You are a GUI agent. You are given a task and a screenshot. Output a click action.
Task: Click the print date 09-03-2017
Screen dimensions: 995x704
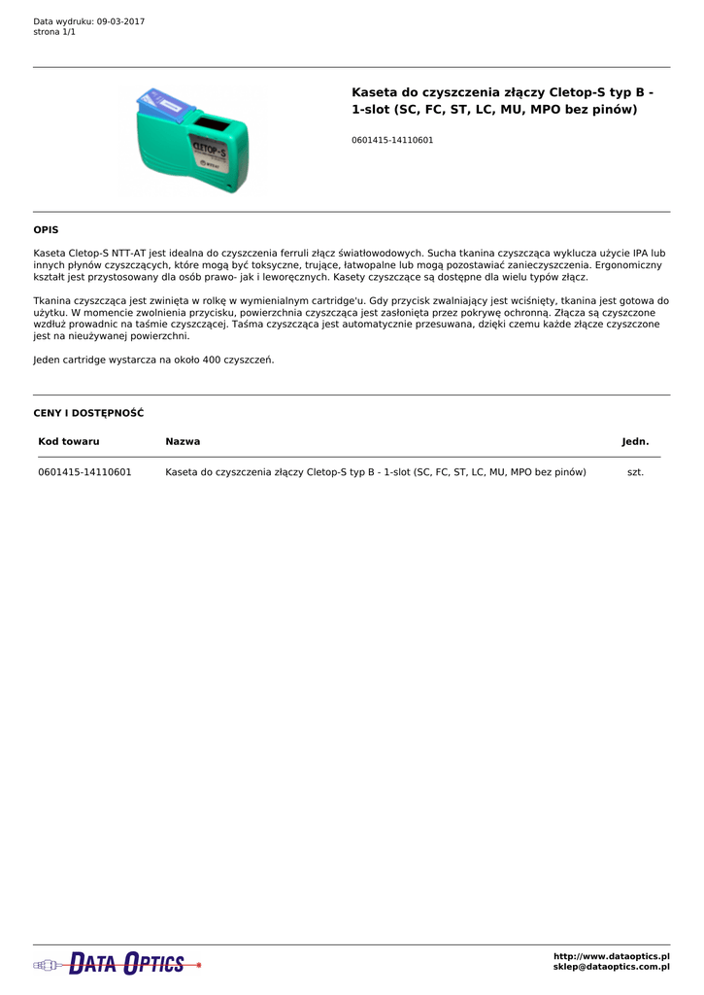click(120, 21)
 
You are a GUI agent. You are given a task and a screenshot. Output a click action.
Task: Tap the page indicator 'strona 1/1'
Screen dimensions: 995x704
click(54, 32)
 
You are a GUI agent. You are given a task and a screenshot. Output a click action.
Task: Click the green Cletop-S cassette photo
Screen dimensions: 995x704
click(194, 146)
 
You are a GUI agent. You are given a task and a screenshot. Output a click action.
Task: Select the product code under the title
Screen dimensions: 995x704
click(392, 140)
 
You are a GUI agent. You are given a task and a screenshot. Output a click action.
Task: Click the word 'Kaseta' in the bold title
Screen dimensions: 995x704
click(374, 92)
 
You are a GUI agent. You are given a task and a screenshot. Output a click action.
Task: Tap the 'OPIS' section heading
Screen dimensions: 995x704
click(46, 230)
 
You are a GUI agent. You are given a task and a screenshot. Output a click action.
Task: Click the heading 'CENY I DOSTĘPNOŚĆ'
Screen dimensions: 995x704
click(88, 413)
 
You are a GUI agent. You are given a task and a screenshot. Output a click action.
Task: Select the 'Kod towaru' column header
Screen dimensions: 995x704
click(69, 441)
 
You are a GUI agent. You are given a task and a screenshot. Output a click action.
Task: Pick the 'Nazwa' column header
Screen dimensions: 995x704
click(183, 441)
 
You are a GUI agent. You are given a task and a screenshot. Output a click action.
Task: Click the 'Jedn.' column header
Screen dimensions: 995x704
click(635, 441)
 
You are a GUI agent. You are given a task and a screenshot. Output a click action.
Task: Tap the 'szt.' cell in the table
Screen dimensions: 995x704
click(635, 472)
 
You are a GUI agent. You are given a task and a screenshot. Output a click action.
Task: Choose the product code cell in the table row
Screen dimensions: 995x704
click(84, 472)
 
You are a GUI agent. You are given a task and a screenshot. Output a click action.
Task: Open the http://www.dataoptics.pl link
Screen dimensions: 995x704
click(611, 957)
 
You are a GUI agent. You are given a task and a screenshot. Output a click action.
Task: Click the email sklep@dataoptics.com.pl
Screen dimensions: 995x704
click(611, 968)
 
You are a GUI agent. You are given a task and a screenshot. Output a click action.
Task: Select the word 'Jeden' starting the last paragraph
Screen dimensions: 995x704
click(49, 360)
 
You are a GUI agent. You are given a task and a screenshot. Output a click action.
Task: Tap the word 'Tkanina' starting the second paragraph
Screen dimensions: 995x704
click(52, 301)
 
